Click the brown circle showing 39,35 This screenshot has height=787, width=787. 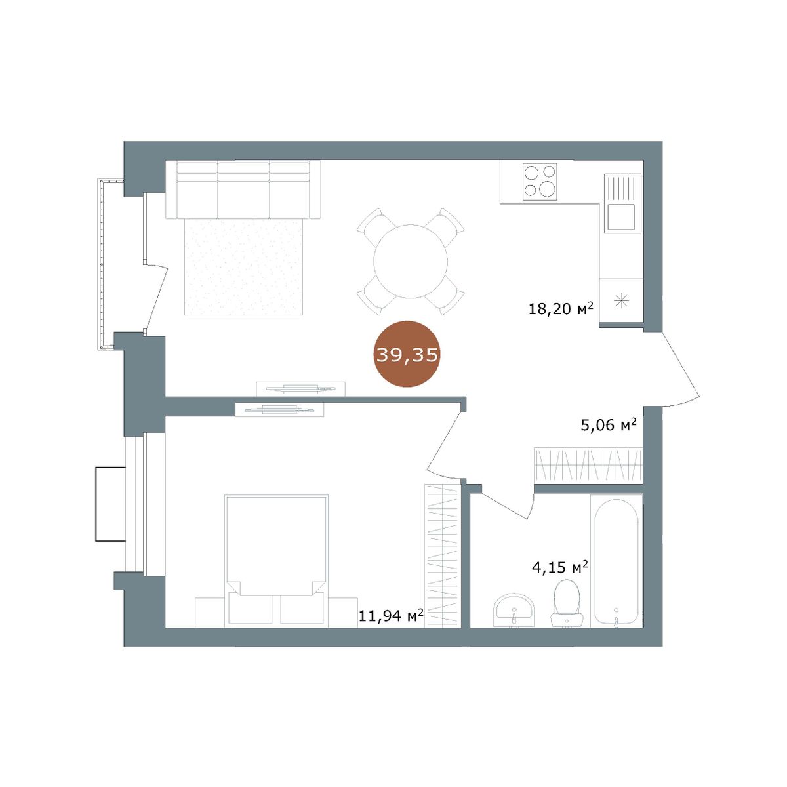407,353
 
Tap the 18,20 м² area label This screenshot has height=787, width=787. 560,308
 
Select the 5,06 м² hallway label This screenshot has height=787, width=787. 608,425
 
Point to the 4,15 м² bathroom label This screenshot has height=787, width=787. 560,567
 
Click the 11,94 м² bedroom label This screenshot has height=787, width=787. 390,615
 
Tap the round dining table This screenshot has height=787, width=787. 411,261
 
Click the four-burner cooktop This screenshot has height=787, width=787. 540,181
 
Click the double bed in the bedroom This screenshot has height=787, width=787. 276,560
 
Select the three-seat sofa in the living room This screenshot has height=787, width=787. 243,190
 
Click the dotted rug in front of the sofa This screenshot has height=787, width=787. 243,267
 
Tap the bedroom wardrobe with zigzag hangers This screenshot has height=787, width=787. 443,555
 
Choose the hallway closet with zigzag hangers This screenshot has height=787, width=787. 588,465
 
